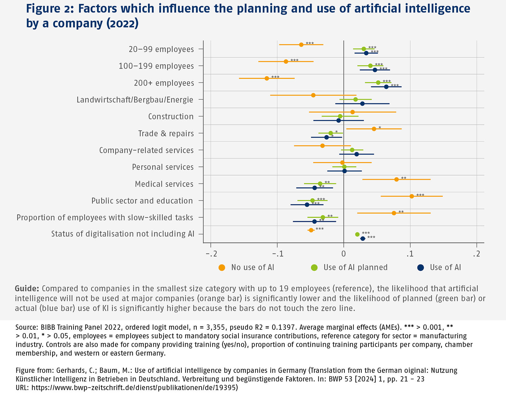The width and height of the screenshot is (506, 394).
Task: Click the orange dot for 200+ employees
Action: click(267, 78)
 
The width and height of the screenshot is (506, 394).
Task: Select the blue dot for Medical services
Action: click(314, 188)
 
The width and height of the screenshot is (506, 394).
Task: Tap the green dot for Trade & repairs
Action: click(330, 133)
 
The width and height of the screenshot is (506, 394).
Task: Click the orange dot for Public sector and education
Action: click(411, 196)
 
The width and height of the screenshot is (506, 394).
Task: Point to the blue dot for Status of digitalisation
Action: click(363, 239)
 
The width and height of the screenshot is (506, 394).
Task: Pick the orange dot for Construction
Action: click(352, 112)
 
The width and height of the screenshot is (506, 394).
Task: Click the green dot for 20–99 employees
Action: click(364, 49)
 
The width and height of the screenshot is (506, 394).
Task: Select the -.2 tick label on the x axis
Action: click(211, 254)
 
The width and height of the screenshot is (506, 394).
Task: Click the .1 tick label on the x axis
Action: click(410, 254)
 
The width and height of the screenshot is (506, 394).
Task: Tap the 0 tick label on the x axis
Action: click(343, 254)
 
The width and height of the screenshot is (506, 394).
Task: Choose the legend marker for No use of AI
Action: click(222, 268)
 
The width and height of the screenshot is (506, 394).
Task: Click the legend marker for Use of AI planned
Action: click(314, 268)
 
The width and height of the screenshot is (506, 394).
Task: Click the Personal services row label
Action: click(163, 167)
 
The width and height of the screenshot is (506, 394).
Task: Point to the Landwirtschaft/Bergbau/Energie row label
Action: click(135, 100)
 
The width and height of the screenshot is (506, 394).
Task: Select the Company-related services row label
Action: click(146, 150)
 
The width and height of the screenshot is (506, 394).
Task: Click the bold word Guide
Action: click(27, 289)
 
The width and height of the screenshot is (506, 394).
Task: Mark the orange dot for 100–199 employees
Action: click(286, 61)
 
